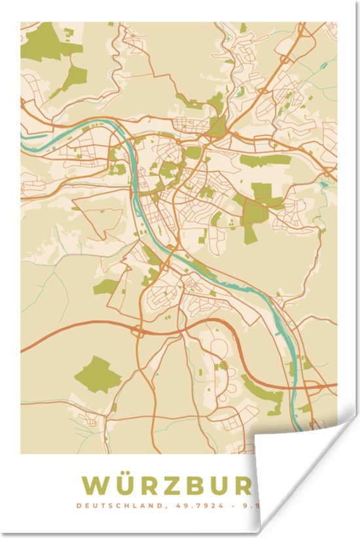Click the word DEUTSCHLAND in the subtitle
115,505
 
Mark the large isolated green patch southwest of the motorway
98,375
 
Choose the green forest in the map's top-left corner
49,43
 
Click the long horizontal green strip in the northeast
265,159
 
